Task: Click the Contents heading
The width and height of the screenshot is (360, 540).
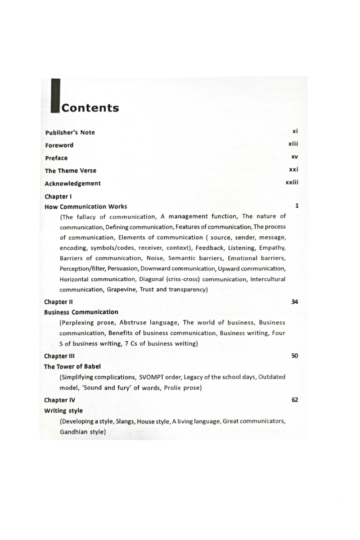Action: coord(90,108)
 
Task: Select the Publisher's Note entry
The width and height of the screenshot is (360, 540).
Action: coord(70,132)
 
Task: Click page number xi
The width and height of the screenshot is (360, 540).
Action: coord(296,131)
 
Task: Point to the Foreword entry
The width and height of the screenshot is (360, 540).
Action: coord(59,145)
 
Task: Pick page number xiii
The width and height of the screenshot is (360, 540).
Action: coord(293,144)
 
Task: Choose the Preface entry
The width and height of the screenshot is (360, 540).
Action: coord(56,158)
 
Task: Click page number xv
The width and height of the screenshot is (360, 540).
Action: coord(295,157)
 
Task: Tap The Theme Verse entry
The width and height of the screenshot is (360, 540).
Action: coord(71,171)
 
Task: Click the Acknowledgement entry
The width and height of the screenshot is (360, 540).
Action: coord(73,183)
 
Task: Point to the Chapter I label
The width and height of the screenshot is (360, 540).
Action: coord(59,197)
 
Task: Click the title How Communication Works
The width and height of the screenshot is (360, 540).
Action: coord(86,207)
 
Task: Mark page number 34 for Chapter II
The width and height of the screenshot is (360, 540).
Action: coord(295,301)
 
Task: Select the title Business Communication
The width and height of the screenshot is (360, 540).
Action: coord(81,312)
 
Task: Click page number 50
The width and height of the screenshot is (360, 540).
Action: coord(295,355)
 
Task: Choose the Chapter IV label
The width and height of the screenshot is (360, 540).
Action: coord(60,400)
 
